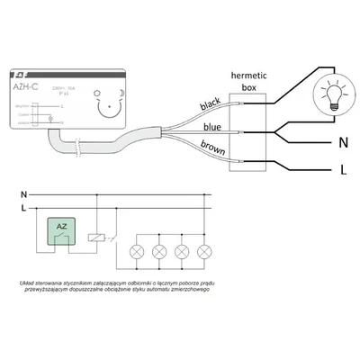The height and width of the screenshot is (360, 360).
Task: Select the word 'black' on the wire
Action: [x=209, y=105]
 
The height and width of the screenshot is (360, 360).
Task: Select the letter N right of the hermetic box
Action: [x=341, y=142]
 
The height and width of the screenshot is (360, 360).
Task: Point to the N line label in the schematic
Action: [x=23, y=193]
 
